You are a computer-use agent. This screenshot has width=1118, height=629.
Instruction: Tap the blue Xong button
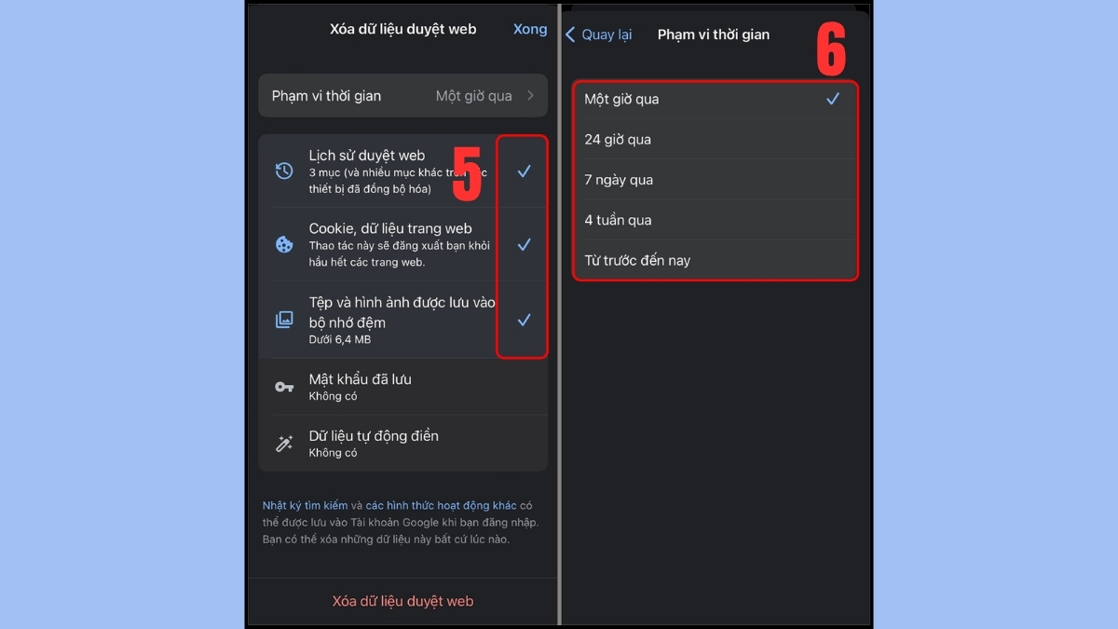pos(530,30)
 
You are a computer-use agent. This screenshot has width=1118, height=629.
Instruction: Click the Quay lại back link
pos(598,34)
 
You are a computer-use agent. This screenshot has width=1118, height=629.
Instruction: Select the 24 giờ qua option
pos(618,139)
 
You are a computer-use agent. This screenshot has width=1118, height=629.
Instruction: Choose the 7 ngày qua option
pos(619,180)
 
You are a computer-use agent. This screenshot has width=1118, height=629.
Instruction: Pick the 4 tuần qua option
pos(618,220)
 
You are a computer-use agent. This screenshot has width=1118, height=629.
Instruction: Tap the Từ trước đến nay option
pos(637,261)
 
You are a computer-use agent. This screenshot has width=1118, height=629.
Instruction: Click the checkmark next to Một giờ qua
pos(833,99)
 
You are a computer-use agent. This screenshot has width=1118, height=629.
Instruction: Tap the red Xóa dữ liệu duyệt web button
pos(402,601)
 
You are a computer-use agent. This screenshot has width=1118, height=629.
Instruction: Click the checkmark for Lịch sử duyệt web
pos(524,171)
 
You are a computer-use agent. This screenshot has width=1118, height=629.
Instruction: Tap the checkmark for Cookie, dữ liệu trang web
pos(524,244)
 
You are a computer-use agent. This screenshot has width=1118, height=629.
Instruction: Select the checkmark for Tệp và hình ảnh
pos(524,320)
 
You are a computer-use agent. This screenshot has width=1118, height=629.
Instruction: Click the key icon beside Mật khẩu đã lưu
pos(284,387)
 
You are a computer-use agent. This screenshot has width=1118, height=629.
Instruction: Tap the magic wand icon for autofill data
pos(284,444)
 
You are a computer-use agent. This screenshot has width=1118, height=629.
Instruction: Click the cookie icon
pos(284,244)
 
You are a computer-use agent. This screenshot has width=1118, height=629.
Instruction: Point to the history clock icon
pos(284,171)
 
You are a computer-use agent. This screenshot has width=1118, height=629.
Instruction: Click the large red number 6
pos(831,48)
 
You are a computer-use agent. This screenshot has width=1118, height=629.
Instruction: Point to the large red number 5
pos(467,173)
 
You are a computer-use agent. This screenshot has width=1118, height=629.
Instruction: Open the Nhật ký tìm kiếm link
pos(305,506)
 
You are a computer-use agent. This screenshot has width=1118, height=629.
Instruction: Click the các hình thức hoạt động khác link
pos(441,506)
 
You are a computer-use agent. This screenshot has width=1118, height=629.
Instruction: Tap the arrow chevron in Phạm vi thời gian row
pos(530,95)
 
